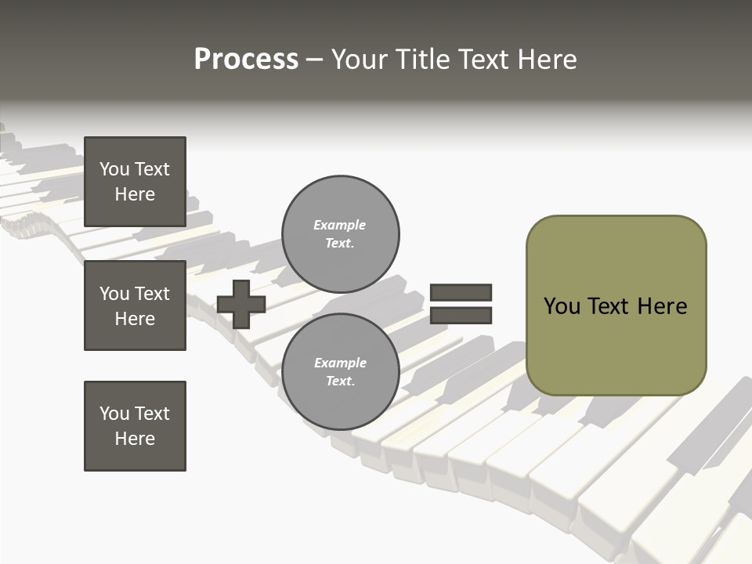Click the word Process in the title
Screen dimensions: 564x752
click(246, 60)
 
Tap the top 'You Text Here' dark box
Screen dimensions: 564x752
click(135, 182)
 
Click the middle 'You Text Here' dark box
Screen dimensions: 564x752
click(135, 305)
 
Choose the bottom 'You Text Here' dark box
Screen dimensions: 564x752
click(135, 426)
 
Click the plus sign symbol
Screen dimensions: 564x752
click(241, 304)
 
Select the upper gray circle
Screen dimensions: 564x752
click(340, 234)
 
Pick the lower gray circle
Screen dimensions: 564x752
click(340, 372)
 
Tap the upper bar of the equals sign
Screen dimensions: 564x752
click(461, 292)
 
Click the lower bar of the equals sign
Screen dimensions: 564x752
click(461, 315)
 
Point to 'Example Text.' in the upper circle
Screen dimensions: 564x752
click(340, 234)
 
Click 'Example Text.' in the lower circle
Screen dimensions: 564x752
click(340, 372)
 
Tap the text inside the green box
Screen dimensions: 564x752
click(616, 306)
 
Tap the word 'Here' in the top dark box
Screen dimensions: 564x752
click(135, 194)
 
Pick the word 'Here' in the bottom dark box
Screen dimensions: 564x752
click(135, 439)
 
